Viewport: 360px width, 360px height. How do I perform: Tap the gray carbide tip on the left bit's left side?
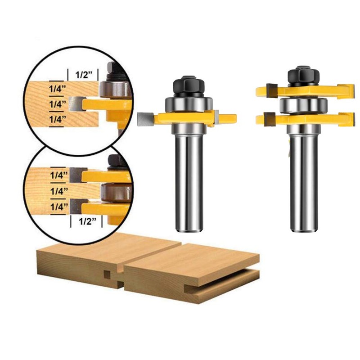coord(146,119)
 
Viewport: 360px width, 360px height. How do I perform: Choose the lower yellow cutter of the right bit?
coord(306,119)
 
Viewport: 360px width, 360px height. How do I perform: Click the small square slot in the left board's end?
coord(107,274)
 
